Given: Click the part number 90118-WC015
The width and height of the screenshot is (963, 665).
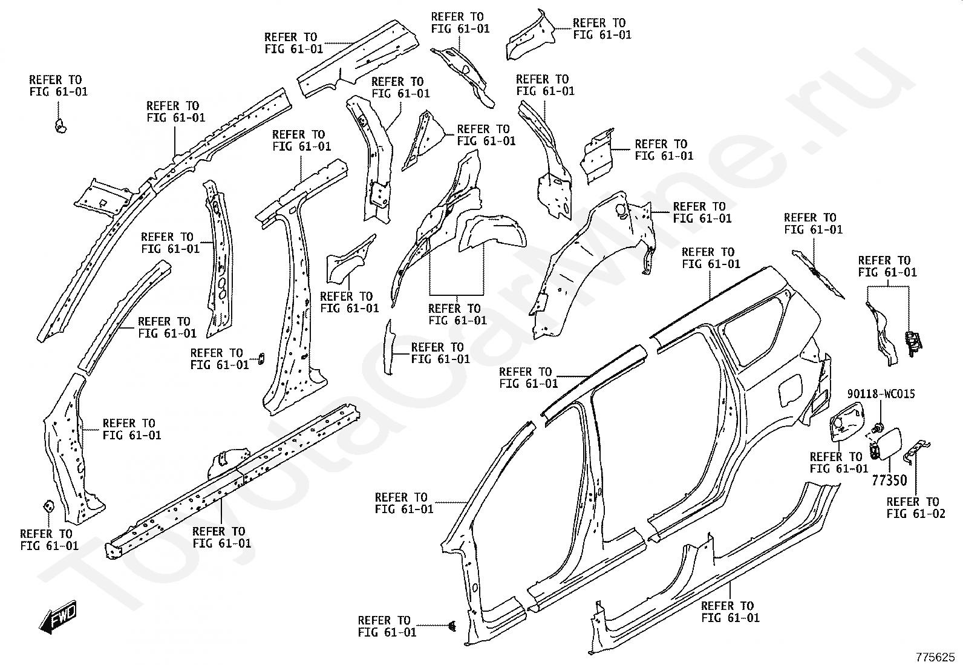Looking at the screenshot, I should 881,394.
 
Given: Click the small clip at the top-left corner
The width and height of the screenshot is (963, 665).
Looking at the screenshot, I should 59,126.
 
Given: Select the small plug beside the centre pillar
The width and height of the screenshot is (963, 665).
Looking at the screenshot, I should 261,358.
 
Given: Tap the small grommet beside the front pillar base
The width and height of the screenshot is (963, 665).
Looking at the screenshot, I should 47,506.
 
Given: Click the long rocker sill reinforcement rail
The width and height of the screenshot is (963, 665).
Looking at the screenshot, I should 236,478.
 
